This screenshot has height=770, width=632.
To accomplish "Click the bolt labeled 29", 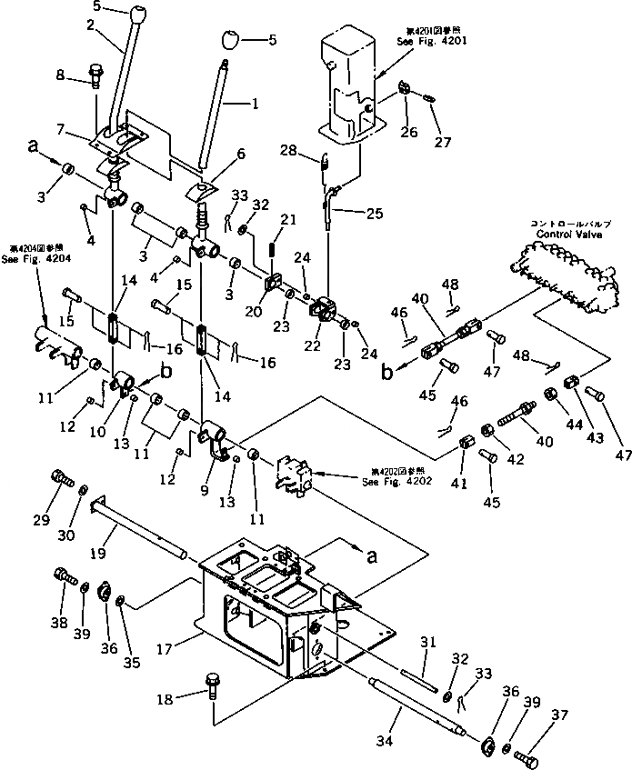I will coord(61,476).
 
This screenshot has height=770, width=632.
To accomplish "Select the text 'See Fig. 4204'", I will coord(33,257).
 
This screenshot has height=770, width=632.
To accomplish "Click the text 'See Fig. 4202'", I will coord(392,482).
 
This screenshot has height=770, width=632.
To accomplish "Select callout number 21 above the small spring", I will coord(288,219).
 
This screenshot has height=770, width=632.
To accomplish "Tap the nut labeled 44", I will coord(551,395).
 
